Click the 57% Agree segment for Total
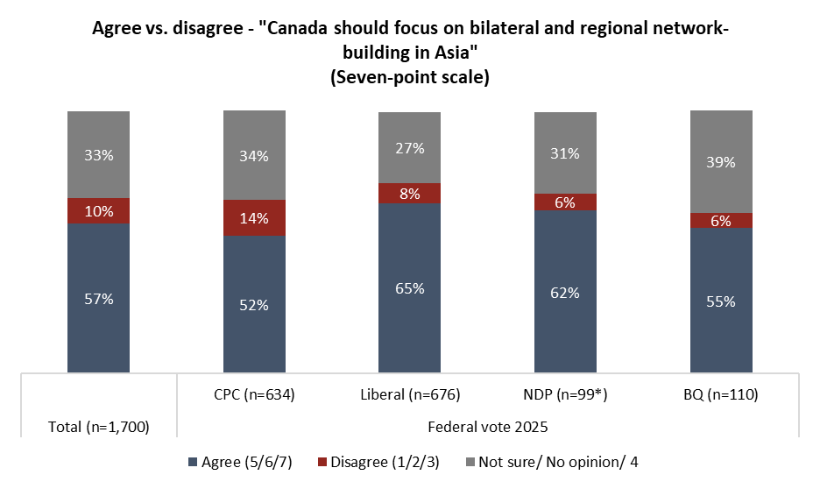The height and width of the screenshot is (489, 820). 98,298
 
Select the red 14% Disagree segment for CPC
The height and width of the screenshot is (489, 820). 254,218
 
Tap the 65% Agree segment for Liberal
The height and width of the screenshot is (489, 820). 409,287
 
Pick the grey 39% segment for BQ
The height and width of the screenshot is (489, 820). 721,162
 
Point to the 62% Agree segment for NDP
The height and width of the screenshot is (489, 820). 565,292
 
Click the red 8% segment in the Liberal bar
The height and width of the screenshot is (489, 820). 409,193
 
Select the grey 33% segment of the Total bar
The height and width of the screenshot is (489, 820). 98,155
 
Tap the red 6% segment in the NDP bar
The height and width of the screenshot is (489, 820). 565,202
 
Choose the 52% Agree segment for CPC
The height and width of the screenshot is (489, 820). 254,304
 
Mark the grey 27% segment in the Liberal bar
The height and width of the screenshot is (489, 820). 409,148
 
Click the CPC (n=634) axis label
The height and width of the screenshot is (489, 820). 254,395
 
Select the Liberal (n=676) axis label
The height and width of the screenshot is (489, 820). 409,395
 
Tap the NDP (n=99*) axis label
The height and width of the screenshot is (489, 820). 565,395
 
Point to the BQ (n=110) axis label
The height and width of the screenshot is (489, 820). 721,395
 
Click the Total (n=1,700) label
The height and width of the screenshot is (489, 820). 98,428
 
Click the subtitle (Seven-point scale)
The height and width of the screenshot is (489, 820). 409,77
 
